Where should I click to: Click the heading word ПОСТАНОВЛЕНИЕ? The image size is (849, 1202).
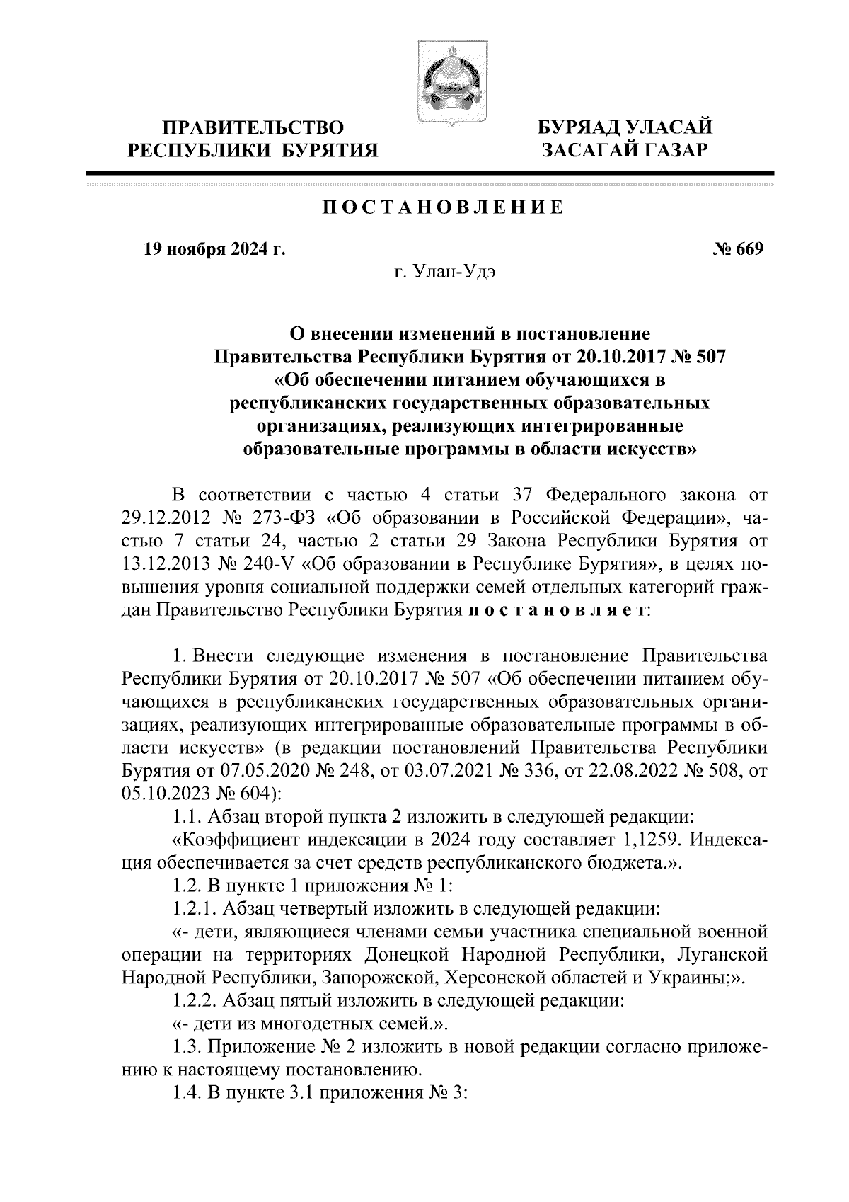click(443, 208)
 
